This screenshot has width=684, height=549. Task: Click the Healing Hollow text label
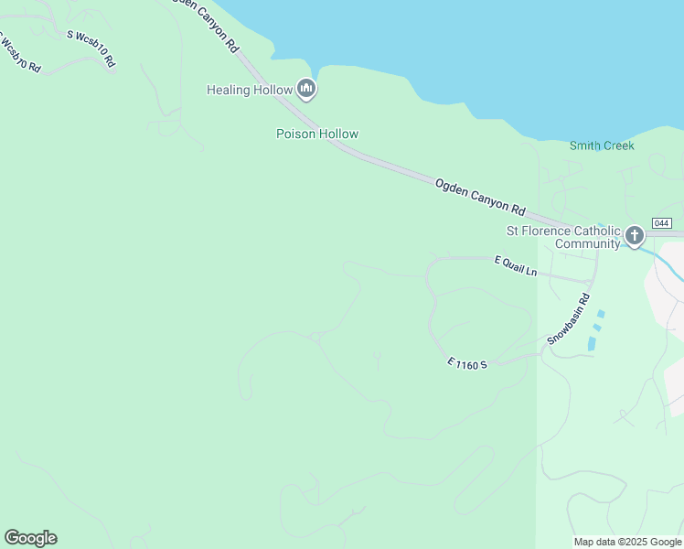point(250,90)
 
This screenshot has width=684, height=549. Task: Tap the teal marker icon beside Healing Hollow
point(306,89)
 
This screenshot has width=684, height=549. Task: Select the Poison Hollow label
point(317,134)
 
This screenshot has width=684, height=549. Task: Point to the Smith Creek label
point(602,145)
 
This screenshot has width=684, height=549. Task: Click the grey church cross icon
point(634,238)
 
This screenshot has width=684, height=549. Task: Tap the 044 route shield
point(662,223)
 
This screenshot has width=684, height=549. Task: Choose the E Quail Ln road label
point(516,266)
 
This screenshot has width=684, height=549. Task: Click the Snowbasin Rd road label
point(569,319)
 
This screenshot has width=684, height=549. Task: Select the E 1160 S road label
point(468,363)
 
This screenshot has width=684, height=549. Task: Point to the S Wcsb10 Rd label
point(91,48)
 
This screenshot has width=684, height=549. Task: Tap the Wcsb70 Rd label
point(20,55)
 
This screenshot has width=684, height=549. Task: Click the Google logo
point(30,538)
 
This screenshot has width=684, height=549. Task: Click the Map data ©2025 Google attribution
point(628,542)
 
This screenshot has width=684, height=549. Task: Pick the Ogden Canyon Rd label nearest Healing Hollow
point(209,23)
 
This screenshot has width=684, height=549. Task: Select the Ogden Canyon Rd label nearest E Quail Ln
point(481,197)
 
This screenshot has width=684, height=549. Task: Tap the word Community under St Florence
point(587,243)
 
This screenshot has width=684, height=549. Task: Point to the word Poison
point(295,134)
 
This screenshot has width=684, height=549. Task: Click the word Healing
point(228,90)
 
